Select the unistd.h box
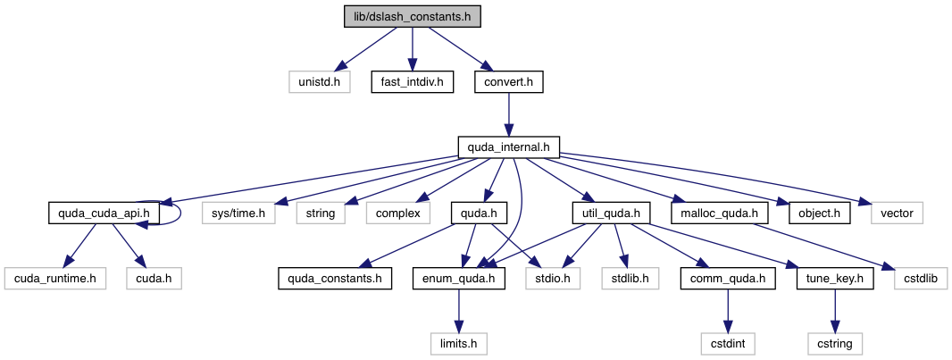coord(319,82)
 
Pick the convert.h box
coord(508,82)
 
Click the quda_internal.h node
coord(508,147)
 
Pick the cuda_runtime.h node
coord(55,278)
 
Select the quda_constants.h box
coord(334,278)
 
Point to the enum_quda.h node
coord(459,278)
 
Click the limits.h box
coord(459,343)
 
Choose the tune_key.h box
coord(835,278)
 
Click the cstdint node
coord(728,343)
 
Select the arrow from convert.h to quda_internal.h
coord(508,114)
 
